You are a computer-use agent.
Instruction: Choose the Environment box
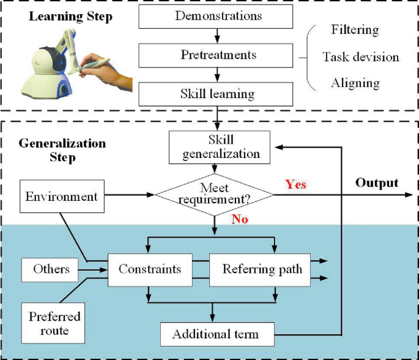[61, 197]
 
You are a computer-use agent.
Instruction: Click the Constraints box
[149, 269]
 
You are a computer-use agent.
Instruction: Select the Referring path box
[262, 269]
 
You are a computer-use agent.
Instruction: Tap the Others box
[51, 269]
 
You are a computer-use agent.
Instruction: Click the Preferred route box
[49, 323]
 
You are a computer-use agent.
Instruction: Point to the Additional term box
[215, 334]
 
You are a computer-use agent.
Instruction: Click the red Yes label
[295, 184]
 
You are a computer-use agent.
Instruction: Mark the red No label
[240, 219]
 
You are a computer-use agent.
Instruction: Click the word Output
[377, 182]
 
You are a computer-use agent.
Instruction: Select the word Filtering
[355, 29]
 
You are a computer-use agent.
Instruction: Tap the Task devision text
[361, 57]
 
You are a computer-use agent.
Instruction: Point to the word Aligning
[355, 83]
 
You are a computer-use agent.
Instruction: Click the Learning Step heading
[70, 17]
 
